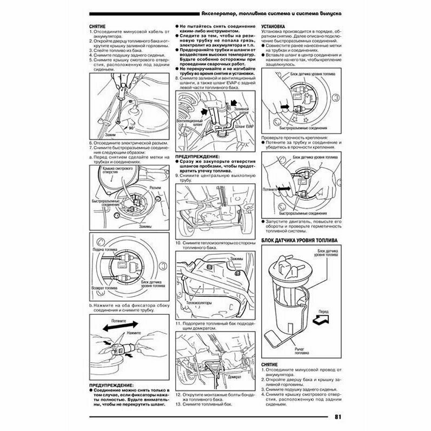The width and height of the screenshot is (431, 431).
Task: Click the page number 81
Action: (337, 417)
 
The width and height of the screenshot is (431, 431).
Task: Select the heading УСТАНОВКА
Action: (274, 26)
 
